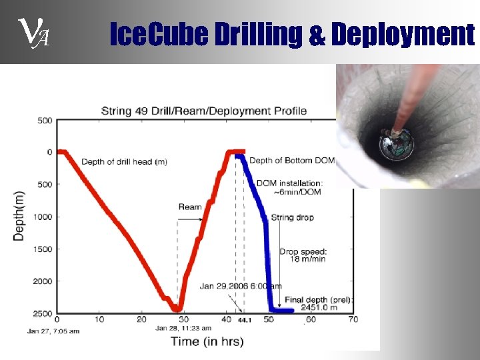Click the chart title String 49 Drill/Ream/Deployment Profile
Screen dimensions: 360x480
coord(203,110)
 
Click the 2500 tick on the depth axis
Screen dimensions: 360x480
coord(43,313)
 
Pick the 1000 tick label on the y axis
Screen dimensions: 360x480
coord(43,217)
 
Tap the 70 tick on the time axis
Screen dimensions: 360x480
coord(353,320)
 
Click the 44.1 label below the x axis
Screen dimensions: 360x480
coord(245,321)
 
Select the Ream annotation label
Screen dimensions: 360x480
coord(190,207)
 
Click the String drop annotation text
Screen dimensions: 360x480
coord(292,217)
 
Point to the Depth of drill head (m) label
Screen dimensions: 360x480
coord(124,162)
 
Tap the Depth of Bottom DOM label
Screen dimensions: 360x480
coord(292,161)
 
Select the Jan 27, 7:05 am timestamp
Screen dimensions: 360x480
coord(53,331)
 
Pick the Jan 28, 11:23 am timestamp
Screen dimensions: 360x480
coord(183,328)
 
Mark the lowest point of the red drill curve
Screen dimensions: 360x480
coord(177,309)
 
